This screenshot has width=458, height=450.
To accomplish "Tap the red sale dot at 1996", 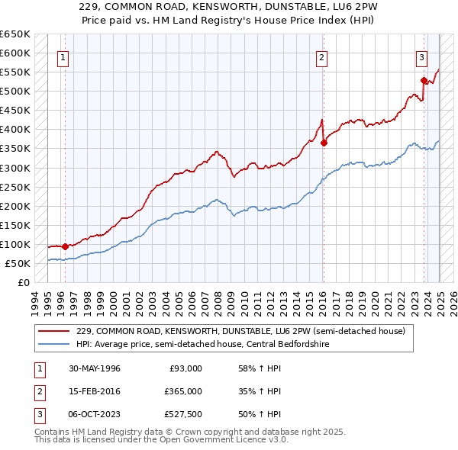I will pos(65,246).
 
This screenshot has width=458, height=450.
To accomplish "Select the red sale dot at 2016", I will pos(324,142).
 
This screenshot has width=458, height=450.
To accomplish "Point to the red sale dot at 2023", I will pos(424,79).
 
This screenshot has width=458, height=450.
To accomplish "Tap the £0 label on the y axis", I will pos(24,282).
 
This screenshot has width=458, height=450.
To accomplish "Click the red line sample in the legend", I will pos(54,331).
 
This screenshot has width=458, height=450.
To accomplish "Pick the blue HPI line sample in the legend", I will pos(54,343).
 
